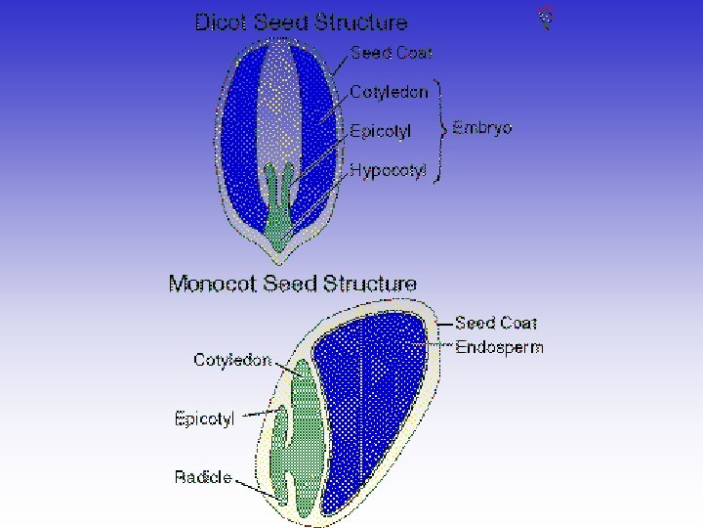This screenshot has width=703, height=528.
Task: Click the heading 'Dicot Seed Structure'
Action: pyautogui.click(x=301, y=22)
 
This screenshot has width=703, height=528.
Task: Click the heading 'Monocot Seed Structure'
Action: pyautogui.click(x=293, y=284)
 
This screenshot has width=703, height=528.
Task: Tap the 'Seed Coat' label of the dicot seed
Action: pyautogui.click(x=391, y=53)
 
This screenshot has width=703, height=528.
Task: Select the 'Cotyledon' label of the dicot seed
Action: pyautogui.click(x=389, y=92)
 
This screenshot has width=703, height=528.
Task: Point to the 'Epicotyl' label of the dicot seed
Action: pyautogui.click(x=381, y=131)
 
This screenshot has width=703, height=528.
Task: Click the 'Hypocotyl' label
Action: pyautogui.click(x=389, y=170)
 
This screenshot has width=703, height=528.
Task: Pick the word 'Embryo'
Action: pyautogui.click(x=482, y=128)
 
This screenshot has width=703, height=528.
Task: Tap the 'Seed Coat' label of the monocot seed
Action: pyautogui.click(x=496, y=323)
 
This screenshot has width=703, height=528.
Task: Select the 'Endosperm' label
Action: pyautogui.click(x=500, y=347)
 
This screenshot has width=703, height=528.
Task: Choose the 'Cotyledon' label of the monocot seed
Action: pyautogui.click(x=232, y=360)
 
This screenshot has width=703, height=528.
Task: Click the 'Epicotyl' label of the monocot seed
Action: pyautogui.click(x=204, y=419)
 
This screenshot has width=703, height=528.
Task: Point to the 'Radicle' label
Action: pyautogui.click(x=203, y=477)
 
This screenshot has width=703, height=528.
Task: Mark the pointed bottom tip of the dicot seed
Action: pyautogui.click(x=280, y=259)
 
